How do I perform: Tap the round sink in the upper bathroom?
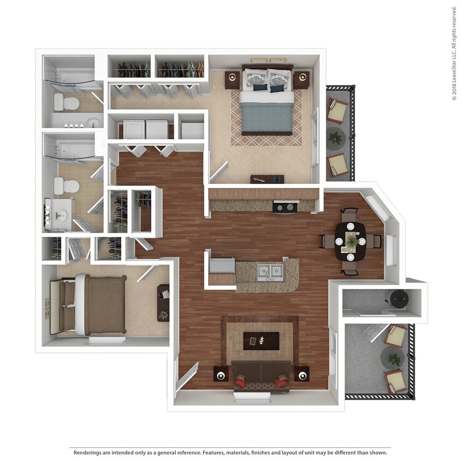click(x=93, y=120)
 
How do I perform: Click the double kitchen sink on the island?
click(x=270, y=271)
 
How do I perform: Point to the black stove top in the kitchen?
click(x=285, y=207)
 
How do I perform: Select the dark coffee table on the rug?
click(x=261, y=341)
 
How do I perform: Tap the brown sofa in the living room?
click(x=261, y=375)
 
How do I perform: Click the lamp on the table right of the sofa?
click(x=302, y=375)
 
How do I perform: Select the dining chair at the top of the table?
click(x=350, y=214)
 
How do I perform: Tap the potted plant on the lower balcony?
click(x=393, y=359)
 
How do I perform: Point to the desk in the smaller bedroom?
click(x=163, y=303)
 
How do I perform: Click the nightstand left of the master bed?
click(x=233, y=80)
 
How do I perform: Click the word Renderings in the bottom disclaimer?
click(x=90, y=453)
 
